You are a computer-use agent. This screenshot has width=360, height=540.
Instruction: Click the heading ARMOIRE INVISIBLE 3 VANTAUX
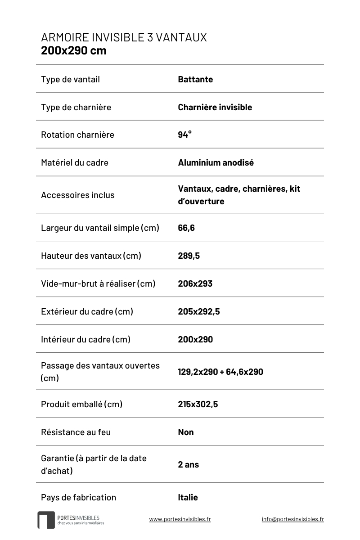(124, 37)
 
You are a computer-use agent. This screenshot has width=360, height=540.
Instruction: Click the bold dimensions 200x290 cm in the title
(74, 50)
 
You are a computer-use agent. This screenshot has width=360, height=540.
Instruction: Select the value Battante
(195, 80)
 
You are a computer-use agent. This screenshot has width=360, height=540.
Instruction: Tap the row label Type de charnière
(76, 108)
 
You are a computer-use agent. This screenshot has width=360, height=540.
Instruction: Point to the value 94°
(184, 135)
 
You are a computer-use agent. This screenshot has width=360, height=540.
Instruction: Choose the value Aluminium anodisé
(216, 162)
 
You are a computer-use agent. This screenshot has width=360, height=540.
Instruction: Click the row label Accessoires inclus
(78, 195)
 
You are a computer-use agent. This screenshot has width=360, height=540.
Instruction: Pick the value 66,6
(186, 228)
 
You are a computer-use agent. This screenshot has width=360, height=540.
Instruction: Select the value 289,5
(189, 256)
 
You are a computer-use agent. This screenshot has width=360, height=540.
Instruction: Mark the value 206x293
(195, 284)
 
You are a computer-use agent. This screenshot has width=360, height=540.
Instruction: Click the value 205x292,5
(199, 312)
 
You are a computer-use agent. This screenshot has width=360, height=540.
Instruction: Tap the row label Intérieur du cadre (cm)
(85, 340)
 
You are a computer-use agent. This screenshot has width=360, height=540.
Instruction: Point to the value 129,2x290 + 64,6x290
(220, 372)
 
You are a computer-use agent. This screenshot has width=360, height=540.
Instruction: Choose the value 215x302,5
(198, 405)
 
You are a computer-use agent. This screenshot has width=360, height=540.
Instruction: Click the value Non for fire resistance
(186, 432)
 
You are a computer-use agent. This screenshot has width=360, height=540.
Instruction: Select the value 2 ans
(188, 465)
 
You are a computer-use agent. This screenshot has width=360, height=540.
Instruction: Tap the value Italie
(188, 498)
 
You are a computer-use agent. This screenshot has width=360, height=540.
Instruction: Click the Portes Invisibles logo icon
(45, 520)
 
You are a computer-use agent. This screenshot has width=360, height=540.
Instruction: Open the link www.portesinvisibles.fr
(180, 519)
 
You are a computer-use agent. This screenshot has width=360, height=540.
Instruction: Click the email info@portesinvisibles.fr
(292, 519)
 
